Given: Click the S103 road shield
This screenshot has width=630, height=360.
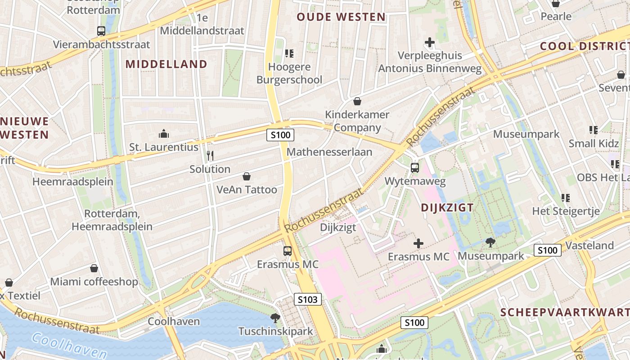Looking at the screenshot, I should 308,299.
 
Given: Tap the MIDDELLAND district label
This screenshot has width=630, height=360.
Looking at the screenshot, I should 166,64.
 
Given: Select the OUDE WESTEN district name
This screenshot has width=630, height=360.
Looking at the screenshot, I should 341,17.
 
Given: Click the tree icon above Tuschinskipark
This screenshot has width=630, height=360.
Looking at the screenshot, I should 275,318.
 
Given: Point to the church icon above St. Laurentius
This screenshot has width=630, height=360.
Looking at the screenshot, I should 163,134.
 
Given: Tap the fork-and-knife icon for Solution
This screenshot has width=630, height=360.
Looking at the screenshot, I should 210,156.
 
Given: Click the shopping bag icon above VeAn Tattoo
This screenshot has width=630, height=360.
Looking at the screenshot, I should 246,176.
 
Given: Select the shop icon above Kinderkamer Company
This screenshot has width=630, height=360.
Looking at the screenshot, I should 357,101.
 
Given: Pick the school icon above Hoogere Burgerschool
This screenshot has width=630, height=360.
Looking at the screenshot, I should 289,54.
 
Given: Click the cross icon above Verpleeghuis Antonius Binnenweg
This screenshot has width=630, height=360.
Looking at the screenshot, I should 430,42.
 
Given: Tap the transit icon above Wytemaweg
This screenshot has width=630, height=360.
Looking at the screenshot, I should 414,168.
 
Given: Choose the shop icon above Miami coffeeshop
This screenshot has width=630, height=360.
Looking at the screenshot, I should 94,268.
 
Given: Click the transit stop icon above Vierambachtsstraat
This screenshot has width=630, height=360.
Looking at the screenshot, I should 101,31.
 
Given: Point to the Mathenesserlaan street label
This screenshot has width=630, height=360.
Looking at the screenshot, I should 329,152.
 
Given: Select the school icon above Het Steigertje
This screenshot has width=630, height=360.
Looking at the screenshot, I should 566,198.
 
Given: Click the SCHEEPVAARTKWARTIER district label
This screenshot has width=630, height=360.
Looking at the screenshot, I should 565,312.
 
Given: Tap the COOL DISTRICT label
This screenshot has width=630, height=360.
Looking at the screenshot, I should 584,46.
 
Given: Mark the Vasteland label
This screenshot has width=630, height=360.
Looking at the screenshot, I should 589,246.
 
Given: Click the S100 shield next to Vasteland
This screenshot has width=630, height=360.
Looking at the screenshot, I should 547,250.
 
